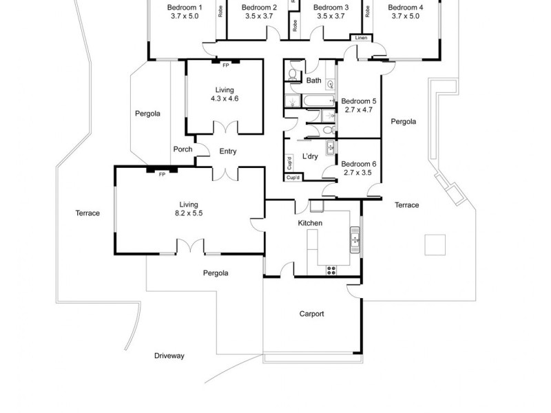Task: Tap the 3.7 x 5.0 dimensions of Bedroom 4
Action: pos(405,16)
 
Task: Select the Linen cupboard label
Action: pos(361,38)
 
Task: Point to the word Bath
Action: pos(313,81)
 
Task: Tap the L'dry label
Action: pos(310,156)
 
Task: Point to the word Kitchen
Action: pos(310,223)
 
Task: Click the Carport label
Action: pos(311,314)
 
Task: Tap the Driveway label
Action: pos(169,356)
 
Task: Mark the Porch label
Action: pos(183,149)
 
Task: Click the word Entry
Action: pos(228,151)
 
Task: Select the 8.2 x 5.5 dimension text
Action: pos(189,213)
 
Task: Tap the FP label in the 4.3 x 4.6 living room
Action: pos(225,65)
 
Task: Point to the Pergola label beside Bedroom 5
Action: pos(403,122)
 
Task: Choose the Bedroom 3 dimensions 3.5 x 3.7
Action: pos(331,16)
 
